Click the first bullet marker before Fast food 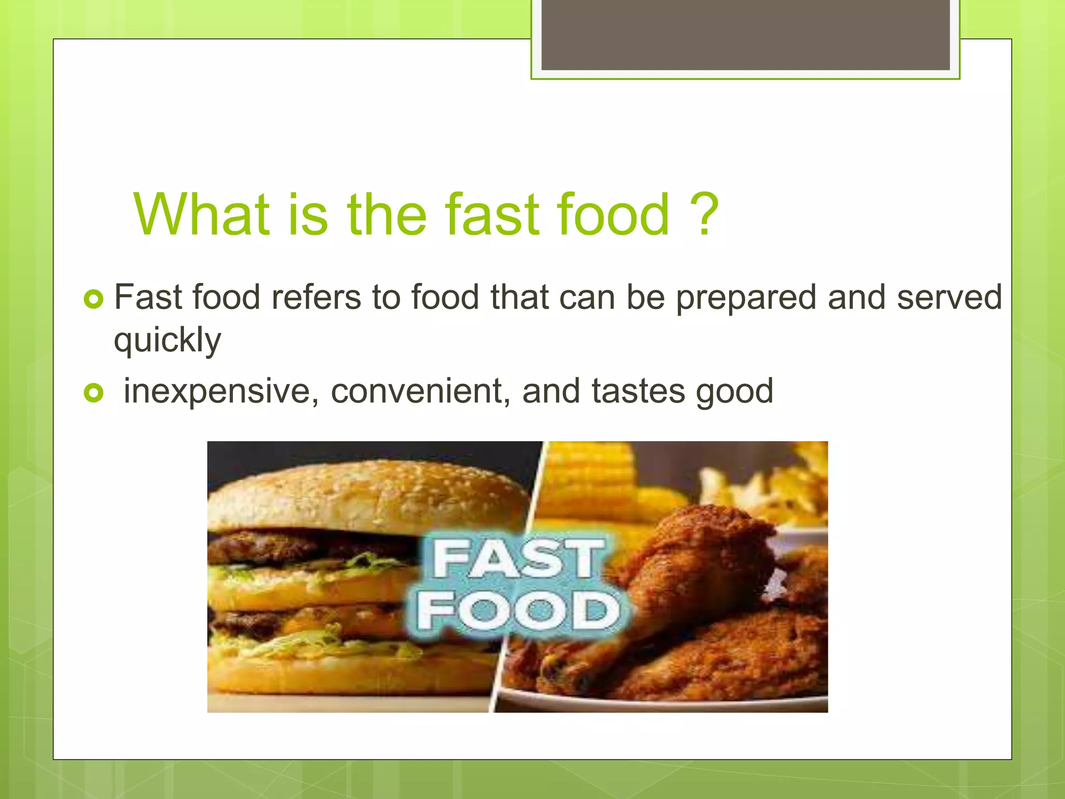coord(94,299)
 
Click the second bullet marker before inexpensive coord(94,393)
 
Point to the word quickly coord(167,341)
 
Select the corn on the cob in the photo coord(593,479)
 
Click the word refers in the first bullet coord(316,298)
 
